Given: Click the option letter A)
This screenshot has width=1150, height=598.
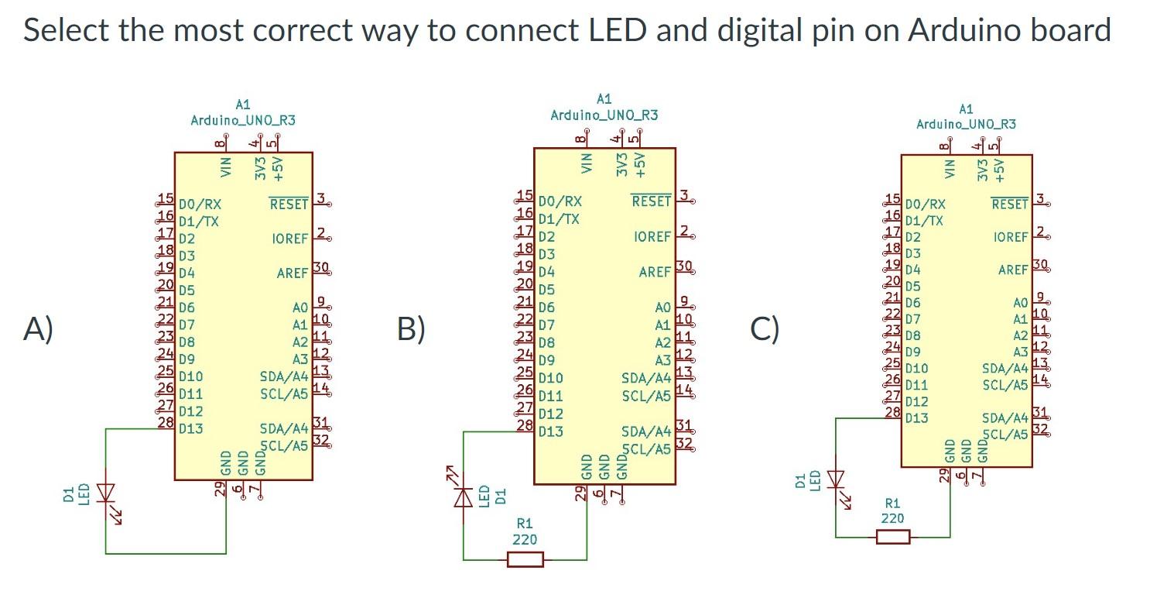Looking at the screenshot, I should pos(38,329).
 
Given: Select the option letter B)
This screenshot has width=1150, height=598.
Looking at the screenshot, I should pos(411,329).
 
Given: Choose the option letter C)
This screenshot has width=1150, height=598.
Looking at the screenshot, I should pos(765,329).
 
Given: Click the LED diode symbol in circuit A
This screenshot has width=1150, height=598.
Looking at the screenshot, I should pos(106,493).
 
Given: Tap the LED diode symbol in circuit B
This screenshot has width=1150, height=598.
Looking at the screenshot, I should pos(464,496).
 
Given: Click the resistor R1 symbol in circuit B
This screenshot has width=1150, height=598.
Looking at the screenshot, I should pos(525,558).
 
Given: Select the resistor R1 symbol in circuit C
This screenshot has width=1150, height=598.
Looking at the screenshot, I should pos(892,536).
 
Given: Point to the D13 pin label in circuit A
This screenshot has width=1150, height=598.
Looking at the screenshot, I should pos(190,428).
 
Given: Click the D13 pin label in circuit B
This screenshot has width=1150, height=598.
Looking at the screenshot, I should pos(551,431).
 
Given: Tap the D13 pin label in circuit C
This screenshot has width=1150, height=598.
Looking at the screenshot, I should pos(916,418).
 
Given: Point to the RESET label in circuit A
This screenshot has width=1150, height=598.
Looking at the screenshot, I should pos(289,204).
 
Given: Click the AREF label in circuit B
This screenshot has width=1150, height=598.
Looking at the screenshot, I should pos(655,273).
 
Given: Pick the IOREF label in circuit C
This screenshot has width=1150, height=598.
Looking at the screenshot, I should pos(1009,237).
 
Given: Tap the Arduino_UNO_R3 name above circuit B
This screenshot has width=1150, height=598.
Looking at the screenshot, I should pos(604,115).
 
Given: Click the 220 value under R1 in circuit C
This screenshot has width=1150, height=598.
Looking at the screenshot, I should pos(892,518).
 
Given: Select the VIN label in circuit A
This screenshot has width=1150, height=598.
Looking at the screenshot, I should pos(226,167).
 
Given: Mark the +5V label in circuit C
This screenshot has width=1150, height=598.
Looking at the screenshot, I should pos(999,170).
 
